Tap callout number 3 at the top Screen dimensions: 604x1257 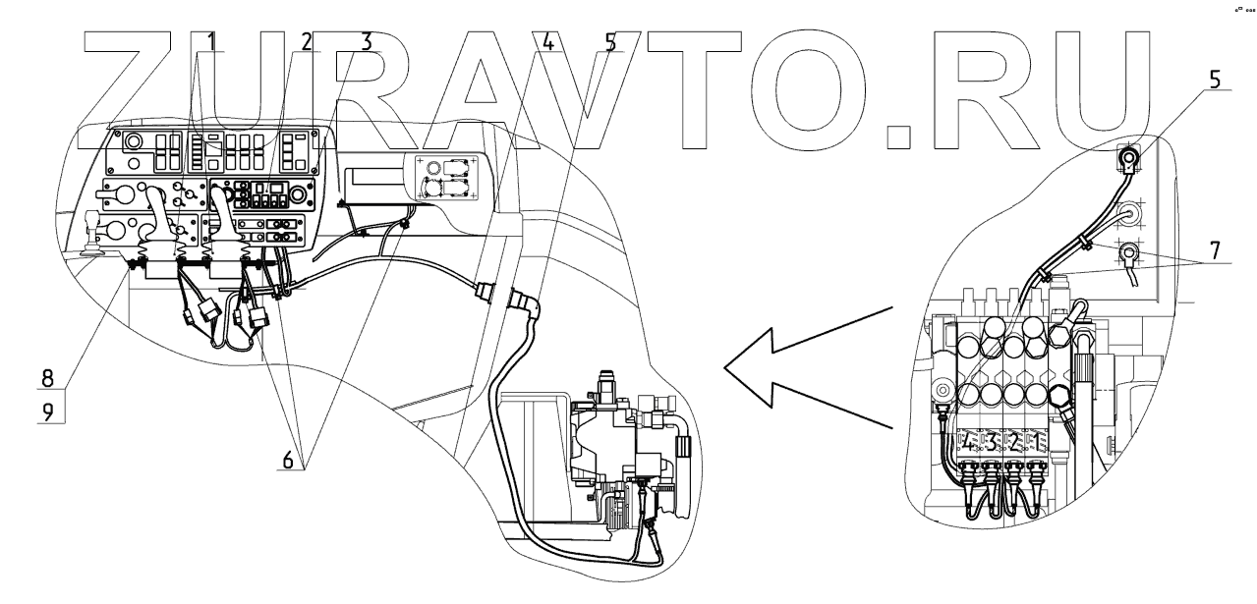[x=365, y=42]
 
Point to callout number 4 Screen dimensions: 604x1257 [x=547, y=42]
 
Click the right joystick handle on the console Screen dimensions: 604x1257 [x=222, y=211]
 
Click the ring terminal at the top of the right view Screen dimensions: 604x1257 [x=1130, y=156]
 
